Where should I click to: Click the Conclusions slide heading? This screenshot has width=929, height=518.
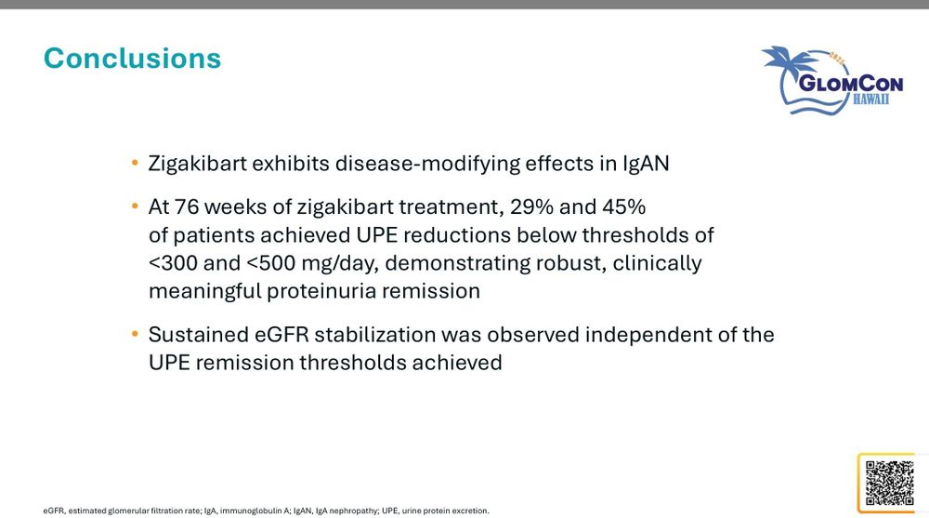coord(132,59)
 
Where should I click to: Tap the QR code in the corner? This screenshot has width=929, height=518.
coord(889,483)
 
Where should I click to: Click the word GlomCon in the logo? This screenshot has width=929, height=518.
coord(851,83)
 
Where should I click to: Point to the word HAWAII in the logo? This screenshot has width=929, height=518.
coord(871,100)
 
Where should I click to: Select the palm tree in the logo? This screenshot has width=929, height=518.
coord(789,62)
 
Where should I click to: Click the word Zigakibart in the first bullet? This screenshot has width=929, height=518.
coord(197,163)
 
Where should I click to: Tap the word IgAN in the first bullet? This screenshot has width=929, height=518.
coord(646,163)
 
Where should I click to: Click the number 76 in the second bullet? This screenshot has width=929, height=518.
coord(187,206)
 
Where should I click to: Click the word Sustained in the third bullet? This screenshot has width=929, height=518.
coord(199,335)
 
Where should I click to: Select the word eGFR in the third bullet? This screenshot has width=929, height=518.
coord(282,335)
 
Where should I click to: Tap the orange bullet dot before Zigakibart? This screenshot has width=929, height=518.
coord(135,163)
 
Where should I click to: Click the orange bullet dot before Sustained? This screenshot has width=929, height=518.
coord(135,334)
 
